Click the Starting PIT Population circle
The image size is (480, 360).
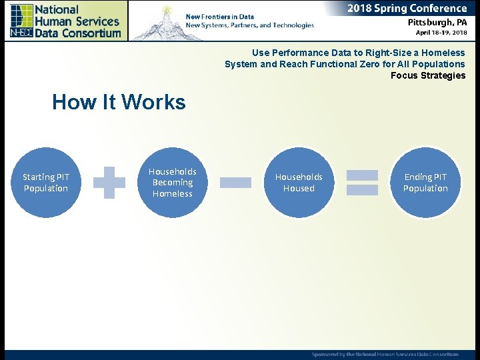coord(45,183)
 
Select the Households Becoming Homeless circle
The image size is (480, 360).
coord(172,183)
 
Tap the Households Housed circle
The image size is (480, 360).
coord(299,183)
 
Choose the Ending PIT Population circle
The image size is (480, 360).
coord(425,183)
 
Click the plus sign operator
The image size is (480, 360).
coord(109,183)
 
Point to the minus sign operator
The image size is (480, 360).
coord(235,183)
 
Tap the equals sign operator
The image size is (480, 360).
coord(362,183)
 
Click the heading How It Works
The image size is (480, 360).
coord(119,102)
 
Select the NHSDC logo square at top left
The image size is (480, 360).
coord(21,21)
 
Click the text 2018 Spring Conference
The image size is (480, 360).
coord(407,9)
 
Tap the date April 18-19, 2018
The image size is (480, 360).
coord(441,33)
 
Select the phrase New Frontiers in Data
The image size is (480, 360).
coord(219,17)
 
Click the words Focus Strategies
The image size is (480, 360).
coord(428,75)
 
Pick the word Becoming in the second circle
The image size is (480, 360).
coord(172,182)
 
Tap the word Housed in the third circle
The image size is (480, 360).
coord(299,189)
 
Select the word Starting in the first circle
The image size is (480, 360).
coord(39,177)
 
